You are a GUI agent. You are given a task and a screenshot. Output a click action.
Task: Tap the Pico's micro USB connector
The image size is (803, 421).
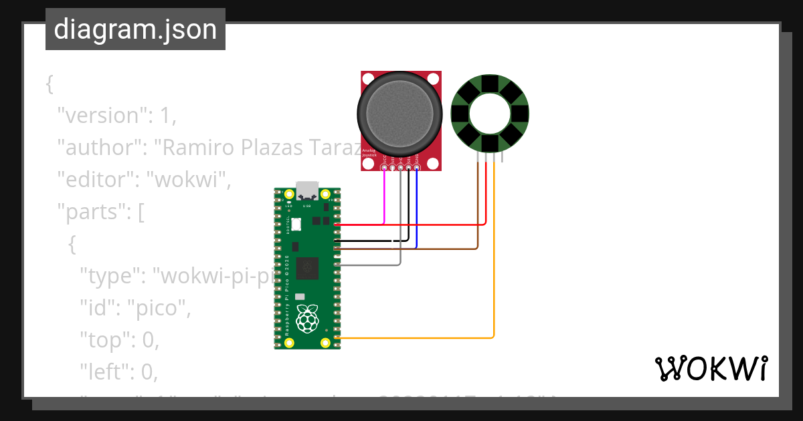308,192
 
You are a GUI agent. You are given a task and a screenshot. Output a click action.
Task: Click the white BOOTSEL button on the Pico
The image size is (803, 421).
296,225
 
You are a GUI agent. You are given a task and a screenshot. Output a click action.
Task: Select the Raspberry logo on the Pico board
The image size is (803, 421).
307,319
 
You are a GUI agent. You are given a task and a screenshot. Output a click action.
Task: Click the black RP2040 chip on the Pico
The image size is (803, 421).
308,268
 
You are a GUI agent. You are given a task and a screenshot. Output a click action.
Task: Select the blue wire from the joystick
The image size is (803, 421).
417,207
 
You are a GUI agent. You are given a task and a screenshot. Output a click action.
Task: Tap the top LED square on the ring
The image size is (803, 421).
490,84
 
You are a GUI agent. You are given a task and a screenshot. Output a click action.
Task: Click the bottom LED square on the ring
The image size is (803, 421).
490,143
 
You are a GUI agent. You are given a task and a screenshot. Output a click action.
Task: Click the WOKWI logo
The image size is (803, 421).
711,368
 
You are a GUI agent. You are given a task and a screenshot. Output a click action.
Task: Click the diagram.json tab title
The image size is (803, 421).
135,29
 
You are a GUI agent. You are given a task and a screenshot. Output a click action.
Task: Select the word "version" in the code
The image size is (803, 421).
101,116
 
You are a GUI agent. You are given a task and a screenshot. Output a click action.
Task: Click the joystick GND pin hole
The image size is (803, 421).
417,168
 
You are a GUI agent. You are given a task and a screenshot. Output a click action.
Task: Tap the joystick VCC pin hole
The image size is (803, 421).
384,168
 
